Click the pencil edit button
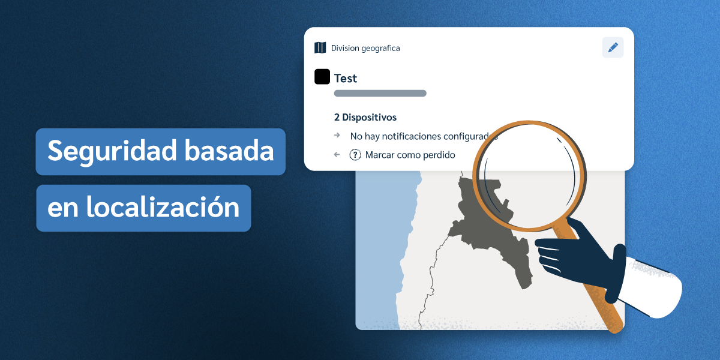point(613,47)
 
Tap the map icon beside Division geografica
point(320,48)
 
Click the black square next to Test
point(322,77)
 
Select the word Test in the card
point(346,78)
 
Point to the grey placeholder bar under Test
point(380,94)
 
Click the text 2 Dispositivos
point(365,118)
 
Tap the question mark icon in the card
point(355,155)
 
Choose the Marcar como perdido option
point(410,155)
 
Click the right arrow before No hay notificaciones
point(337,136)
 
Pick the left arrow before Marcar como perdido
point(337,155)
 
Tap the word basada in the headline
point(228,151)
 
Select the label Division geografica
point(365,48)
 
